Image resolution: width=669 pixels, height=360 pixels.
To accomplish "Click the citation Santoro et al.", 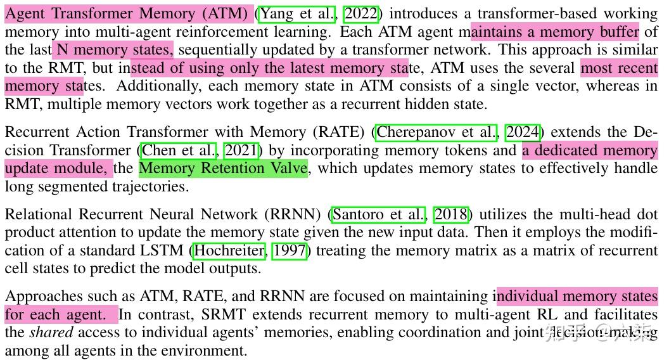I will (379, 214).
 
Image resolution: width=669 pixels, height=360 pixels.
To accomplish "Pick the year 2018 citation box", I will (450, 214).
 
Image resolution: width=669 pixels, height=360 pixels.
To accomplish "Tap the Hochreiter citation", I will (229, 251).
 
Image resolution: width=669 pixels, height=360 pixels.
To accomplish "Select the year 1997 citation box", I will (290, 251).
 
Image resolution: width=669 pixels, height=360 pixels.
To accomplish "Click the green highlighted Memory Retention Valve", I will (223, 169).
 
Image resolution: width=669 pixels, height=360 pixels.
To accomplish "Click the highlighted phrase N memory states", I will (113, 49).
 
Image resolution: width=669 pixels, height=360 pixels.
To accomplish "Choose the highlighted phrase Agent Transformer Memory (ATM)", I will (129, 13).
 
